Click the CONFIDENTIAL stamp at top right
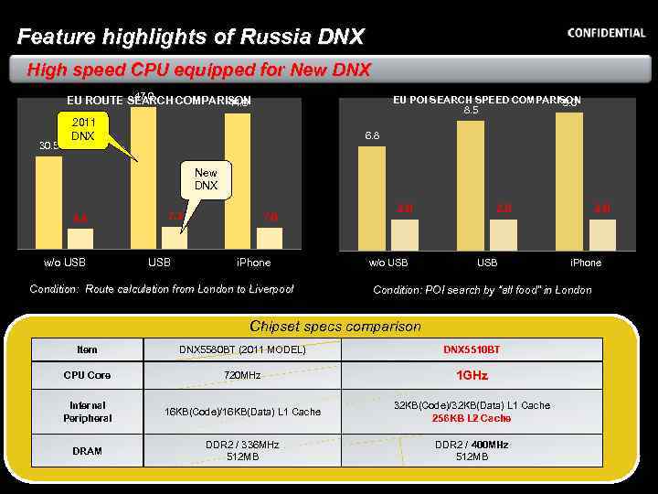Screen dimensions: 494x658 click(606, 33)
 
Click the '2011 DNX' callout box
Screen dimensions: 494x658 click(84, 129)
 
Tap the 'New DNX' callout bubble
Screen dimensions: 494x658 click(206, 178)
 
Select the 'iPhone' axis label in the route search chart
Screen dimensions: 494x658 click(253, 263)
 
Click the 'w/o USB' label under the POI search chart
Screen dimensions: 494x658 click(387, 263)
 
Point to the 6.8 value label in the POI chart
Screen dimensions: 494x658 click(372, 135)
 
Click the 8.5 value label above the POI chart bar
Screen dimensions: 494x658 click(471, 111)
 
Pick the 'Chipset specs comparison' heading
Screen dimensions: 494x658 click(335, 326)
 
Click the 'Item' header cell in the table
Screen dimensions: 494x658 click(87, 349)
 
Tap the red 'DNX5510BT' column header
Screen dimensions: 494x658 click(472, 349)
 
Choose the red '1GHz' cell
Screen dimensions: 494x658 click(472, 375)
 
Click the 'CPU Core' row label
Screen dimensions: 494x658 click(87, 375)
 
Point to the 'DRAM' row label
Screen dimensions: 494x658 click(87, 451)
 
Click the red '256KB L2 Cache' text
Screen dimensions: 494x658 click(472, 418)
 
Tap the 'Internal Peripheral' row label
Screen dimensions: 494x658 click(87, 412)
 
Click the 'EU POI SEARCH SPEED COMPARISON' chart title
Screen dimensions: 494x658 click(486, 100)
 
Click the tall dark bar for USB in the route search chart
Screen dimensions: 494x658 click(143, 174)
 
